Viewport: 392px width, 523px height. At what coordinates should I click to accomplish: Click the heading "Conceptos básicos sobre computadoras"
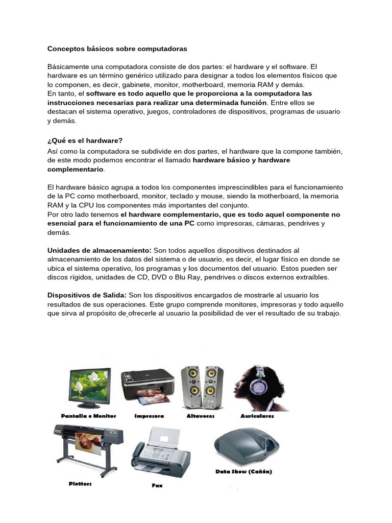tap(117, 49)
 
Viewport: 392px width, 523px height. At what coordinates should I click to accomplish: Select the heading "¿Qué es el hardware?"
tap(85, 140)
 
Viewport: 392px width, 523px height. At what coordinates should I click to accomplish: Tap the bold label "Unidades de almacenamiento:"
tap(99, 250)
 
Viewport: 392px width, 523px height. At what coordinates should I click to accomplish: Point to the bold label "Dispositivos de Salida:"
tap(87, 295)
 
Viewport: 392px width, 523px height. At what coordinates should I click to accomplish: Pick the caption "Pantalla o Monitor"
tap(89, 416)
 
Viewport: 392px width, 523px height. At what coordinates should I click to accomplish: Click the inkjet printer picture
tap(147, 385)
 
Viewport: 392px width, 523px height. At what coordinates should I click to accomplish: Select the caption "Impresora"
tap(149, 417)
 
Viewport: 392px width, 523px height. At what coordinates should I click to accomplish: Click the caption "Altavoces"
tap(201, 417)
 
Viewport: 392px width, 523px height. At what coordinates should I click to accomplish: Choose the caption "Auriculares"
tap(257, 417)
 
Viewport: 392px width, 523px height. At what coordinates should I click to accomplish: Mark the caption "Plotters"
tap(81, 483)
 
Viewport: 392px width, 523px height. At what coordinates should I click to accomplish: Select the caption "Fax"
tap(157, 485)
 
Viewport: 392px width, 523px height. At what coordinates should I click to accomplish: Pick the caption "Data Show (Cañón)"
tap(243, 472)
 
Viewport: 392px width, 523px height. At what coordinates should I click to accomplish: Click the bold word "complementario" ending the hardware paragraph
tap(75, 169)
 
